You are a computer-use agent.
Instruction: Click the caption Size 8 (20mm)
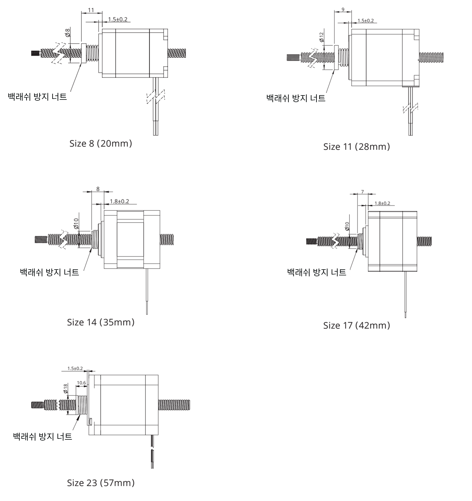tap(101, 143)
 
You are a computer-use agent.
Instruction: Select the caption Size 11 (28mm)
tap(357, 147)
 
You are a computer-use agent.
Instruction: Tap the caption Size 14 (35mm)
tap(101, 322)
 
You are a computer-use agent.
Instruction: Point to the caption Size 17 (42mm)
tap(357, 325)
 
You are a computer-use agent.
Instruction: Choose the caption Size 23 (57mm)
tap(101, 483)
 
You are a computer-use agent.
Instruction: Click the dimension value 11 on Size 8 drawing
tap(91, 10)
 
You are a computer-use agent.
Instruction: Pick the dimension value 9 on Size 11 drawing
tap(343, 10)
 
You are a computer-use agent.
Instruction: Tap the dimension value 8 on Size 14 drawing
tap(98, 189)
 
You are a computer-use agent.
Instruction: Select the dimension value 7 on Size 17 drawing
tap(362, 192)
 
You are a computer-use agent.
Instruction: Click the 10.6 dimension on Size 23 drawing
tap(81, 383)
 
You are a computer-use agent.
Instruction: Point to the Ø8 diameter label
tap(68, 33)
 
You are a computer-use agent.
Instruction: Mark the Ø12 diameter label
tap(321, 37)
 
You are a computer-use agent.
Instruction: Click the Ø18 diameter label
tap(65, 388)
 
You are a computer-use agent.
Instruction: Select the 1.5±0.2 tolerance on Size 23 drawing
tap(75, 369)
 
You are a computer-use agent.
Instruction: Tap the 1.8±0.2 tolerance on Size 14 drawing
tap(119, 201)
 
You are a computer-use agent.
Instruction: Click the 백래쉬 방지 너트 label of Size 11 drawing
tap(296, 98)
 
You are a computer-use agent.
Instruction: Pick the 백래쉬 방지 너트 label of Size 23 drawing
tap(43, 436)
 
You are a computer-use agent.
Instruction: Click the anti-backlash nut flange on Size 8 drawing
tap(84, 53)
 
